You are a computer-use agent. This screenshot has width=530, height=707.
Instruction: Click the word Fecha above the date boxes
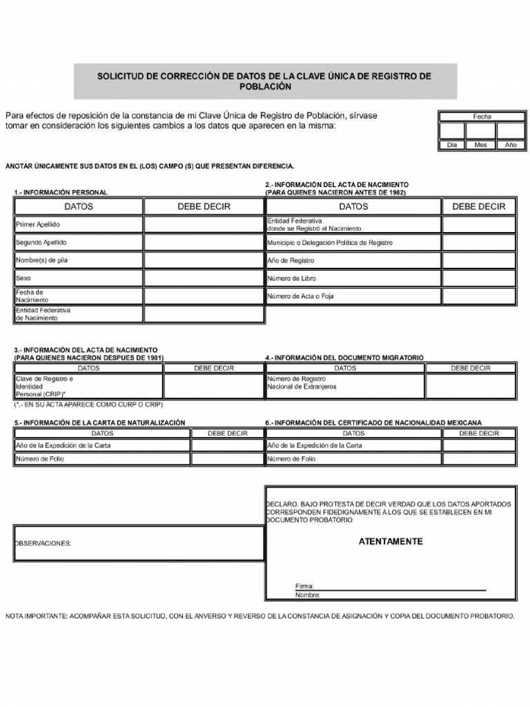click(482, 117)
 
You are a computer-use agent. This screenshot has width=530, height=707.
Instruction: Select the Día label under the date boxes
click(452, 145)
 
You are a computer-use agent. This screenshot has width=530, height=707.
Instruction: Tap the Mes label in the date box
click(481, 145)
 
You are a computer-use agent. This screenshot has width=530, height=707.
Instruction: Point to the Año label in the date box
click(511, 145)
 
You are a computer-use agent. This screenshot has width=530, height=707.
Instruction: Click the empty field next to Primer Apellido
click(204, 224)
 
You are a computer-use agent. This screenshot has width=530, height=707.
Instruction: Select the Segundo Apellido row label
click(41, 242)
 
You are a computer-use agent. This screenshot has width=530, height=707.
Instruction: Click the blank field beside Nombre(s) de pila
click(204, 260)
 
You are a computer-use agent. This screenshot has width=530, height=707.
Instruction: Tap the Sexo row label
click(23, 278)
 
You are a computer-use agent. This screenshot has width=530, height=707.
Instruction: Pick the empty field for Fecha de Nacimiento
click(204, 296)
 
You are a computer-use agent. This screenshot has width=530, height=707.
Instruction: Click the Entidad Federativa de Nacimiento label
click(43, 314)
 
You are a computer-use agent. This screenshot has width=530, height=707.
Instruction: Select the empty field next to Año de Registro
click(478, 260)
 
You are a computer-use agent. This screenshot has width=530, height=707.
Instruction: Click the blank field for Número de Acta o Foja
click(478, 296)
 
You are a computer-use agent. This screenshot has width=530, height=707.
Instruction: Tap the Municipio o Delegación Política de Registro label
click(330, 243)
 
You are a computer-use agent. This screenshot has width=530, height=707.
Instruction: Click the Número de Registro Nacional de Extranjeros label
click(302, 382)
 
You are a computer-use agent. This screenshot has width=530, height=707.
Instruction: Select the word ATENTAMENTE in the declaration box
click(391, 541)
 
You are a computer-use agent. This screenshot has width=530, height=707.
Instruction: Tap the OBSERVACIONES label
click(43, 543)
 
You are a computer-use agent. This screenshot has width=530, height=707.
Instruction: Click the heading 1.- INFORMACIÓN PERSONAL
click(61, 193)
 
